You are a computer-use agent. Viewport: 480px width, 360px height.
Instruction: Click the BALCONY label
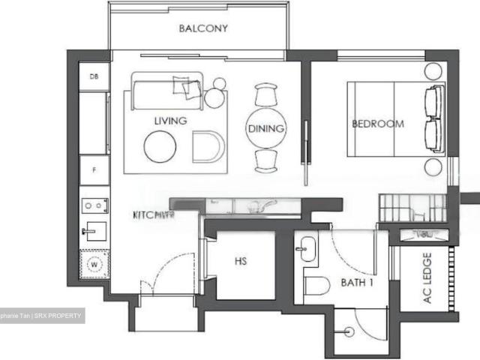202,29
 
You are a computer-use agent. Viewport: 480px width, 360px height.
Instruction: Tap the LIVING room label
170,120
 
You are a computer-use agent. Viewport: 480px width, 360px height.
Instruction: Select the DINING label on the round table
266,128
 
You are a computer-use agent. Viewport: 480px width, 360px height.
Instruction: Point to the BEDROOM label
378,124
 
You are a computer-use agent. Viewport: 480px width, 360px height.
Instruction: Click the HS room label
241,262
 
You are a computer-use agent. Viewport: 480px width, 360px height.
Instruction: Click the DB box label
94,76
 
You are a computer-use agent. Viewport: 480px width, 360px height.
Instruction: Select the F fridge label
94,169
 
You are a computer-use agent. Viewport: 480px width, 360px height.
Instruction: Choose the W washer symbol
94,264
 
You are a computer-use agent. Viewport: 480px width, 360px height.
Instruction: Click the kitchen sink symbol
94,230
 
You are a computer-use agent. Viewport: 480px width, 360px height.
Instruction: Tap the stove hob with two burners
94,205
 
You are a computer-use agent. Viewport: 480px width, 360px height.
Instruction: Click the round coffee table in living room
160,146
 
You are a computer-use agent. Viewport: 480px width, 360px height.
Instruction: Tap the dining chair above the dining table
266,95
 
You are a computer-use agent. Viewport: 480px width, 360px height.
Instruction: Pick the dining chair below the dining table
266,160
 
